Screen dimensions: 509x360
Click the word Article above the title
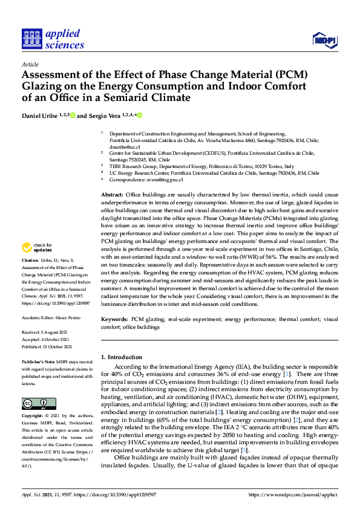click(30, 64)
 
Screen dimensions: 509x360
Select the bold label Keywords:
click(114, 318)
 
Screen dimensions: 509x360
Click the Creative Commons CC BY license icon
click(34, 386)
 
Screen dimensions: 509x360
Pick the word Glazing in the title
click(44, 86)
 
